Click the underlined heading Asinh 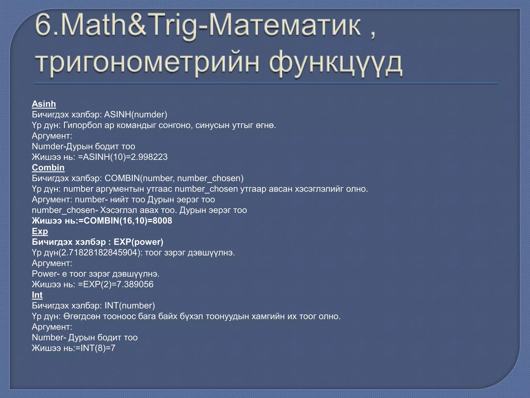coord(44,104)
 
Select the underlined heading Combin coord(48,168)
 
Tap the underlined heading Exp coord(40,231)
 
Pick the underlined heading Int coord(37,295)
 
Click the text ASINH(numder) coord(136,115)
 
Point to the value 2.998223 coord(149,157)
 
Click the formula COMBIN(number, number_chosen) coord(174,178)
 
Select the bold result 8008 coord(162,221)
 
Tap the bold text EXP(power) coord(138,242)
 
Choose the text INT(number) coord(130,306)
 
